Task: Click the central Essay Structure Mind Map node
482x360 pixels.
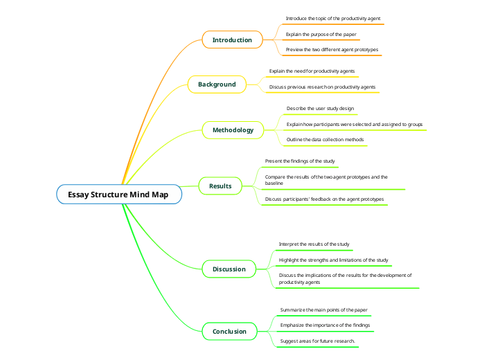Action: tap(118, 195)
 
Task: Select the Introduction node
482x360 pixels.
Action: tap(232, 39)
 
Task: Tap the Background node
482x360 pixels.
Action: tap(217, 84)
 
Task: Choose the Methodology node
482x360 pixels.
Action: tap(233, 130)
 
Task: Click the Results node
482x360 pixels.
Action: tap(220, 186)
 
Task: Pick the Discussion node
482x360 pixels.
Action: tap(229, 269)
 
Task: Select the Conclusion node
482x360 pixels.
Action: tap(229, 332)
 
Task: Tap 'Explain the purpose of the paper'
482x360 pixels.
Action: tap(321, 34)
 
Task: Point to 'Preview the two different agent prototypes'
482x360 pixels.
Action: tap(332, 50)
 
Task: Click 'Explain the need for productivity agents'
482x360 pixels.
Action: tap(313, 71)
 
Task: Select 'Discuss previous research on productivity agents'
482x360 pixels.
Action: tap(322, 87)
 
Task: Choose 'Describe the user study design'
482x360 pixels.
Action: tap(320, 109)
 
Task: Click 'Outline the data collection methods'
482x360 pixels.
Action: tap(325, 140)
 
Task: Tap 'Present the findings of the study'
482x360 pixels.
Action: tap(300, 161)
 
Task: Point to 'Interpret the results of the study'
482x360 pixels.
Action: tap(314, 244)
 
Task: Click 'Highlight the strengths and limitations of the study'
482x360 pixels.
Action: tap(333, 260)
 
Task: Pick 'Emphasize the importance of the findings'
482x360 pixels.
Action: tap(325, 325)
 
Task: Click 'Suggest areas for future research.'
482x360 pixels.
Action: tap(317, 341)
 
